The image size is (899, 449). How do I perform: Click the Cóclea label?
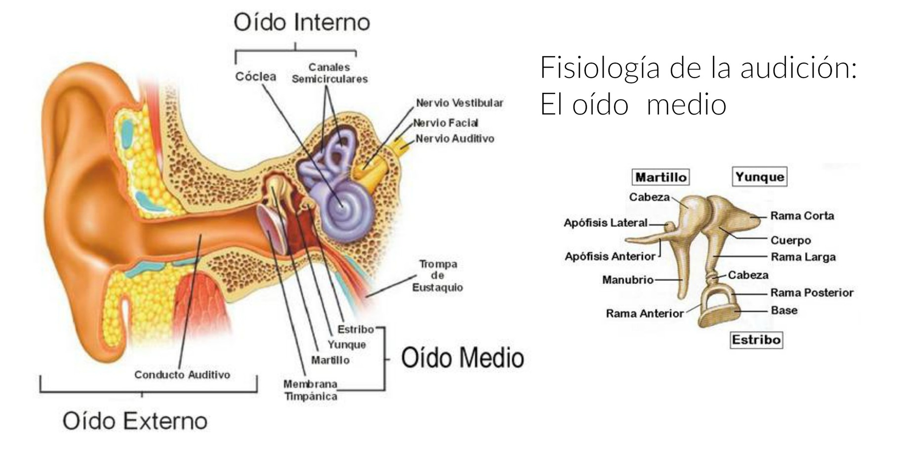[x=255, y=76]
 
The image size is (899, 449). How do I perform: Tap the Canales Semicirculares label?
[x=329, y=73]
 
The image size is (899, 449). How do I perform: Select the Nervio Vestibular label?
[x=459, y=103]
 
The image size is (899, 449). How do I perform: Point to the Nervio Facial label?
[x=446, y=123]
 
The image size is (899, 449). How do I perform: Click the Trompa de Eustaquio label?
[x=438, y=276]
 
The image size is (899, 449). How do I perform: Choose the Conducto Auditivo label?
[x=182, y=375]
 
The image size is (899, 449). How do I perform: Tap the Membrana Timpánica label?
[x=311, y=390]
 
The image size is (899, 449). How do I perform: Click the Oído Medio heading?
[x=462, y=358]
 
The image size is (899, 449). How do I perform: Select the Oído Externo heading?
[x=135, y=421]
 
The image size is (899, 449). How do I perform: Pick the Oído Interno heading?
[x=301, y=23]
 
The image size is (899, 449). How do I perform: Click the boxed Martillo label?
[x=661, y=177]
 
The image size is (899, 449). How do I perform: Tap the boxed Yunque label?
[x=759, y=177]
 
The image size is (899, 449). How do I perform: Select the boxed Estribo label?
[x=756, y=340]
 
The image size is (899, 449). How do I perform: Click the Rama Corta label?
[x=802, y=216]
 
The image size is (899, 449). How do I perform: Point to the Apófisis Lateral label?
[x=605, y=223]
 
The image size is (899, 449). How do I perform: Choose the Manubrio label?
[x=627, y=280]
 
